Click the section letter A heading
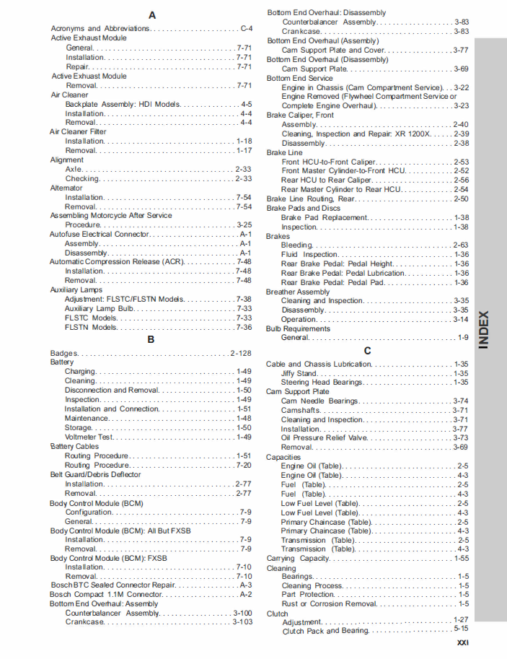(151, 15)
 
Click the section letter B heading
(151, 339)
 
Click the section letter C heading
(367, 351)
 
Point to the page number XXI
(463, 643)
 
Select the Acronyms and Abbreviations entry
(100, 28)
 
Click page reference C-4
(246, 28)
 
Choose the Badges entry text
(63, 353)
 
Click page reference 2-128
(241, 353)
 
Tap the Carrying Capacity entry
(297, 558)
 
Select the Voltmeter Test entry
(89, 437)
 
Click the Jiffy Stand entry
(299, 373)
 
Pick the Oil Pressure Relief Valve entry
(325, 437)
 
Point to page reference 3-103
(242, 621)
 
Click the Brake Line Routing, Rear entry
(311, 198)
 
